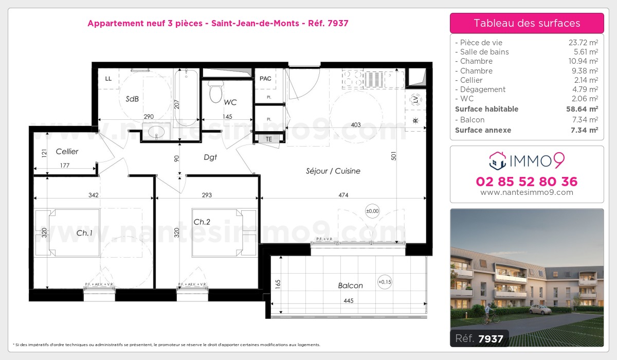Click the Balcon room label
[350, 285]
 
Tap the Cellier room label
[67, 151]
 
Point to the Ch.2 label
[202, 222]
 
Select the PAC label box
[265, 79]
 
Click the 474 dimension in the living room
[343, 195]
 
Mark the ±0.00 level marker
[372, 210]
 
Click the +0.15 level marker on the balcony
[384, 281]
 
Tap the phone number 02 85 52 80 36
[527, 182]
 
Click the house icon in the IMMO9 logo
[497, 160]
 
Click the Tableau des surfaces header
[527, 23]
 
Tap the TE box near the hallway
[268, 139]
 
